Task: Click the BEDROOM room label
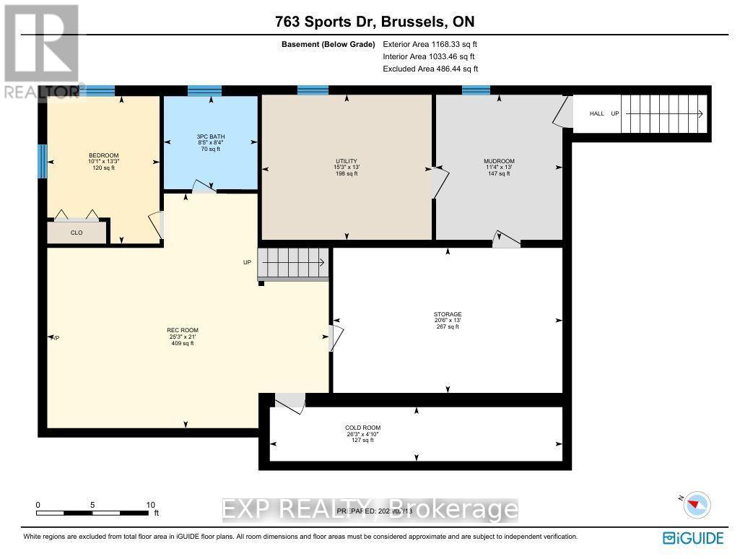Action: [103, 155]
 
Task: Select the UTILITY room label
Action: [347, 161]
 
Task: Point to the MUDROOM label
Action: [498, 161]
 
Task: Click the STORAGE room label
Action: [447, 314]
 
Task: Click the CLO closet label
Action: [77, 233]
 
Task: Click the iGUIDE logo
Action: [692, 538]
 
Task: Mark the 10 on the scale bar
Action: [150, 505]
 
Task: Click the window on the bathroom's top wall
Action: [204, 91]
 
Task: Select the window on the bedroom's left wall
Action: [43, 161]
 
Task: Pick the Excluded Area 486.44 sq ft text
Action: [430, 69]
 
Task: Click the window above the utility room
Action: [313, 90]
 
